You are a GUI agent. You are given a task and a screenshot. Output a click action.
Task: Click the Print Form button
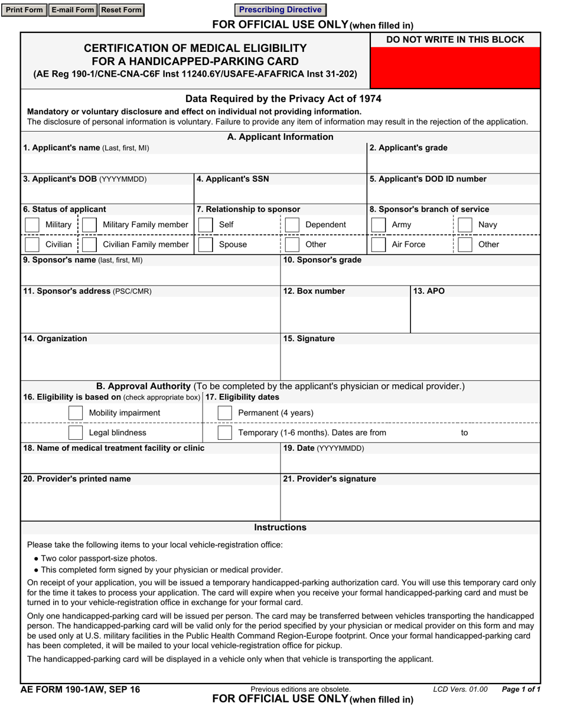24,10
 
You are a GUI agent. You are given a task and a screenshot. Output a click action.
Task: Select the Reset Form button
121,10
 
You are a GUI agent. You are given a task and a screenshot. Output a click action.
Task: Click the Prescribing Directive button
280,10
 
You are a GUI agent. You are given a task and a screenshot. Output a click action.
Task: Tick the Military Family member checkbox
90,225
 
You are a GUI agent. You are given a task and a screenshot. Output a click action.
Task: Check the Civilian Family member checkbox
90,245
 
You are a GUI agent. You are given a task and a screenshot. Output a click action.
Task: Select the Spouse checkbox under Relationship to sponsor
206,245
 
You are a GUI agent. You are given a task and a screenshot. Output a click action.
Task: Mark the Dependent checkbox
292,225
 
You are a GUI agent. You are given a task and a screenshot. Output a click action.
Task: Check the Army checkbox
379,225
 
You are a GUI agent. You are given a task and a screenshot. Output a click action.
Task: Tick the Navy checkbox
465,225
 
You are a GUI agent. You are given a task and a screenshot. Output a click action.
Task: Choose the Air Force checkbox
379,245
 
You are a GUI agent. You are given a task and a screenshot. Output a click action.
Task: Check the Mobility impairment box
76,413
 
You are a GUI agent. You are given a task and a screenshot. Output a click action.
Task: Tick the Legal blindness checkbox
76,433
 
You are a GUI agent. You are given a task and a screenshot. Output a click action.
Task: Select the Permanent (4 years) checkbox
224,413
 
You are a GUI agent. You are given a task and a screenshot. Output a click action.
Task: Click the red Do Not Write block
455,67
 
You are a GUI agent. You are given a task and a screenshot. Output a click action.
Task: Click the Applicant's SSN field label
233,179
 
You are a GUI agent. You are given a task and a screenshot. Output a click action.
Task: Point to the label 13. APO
429,291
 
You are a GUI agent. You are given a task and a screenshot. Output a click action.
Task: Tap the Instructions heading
280,527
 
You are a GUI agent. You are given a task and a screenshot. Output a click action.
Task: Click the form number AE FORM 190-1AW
80,689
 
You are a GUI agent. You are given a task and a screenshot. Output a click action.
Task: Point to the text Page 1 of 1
520,689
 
